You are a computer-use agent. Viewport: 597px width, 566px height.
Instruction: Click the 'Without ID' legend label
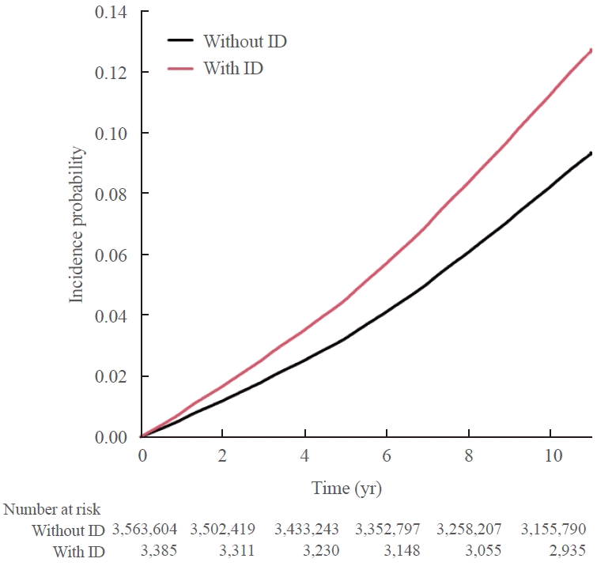point(244,41)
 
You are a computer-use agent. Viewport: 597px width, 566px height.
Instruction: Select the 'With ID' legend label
point(232,69)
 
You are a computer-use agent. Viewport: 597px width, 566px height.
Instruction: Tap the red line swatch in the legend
point(182,69)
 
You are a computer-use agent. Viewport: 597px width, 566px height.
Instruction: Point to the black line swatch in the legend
point(182,41)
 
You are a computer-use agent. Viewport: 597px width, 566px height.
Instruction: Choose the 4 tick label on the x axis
point(304,456)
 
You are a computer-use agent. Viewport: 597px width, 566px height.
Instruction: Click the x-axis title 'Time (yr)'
point(346,488)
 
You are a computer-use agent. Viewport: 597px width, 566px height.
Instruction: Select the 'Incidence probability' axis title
point(77,224)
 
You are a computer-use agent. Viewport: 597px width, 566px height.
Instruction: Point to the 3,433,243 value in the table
point(310,529)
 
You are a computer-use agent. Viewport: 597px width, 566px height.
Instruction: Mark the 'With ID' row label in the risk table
point(78,550)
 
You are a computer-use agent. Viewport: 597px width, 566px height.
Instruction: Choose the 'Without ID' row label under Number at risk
point(68,529)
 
